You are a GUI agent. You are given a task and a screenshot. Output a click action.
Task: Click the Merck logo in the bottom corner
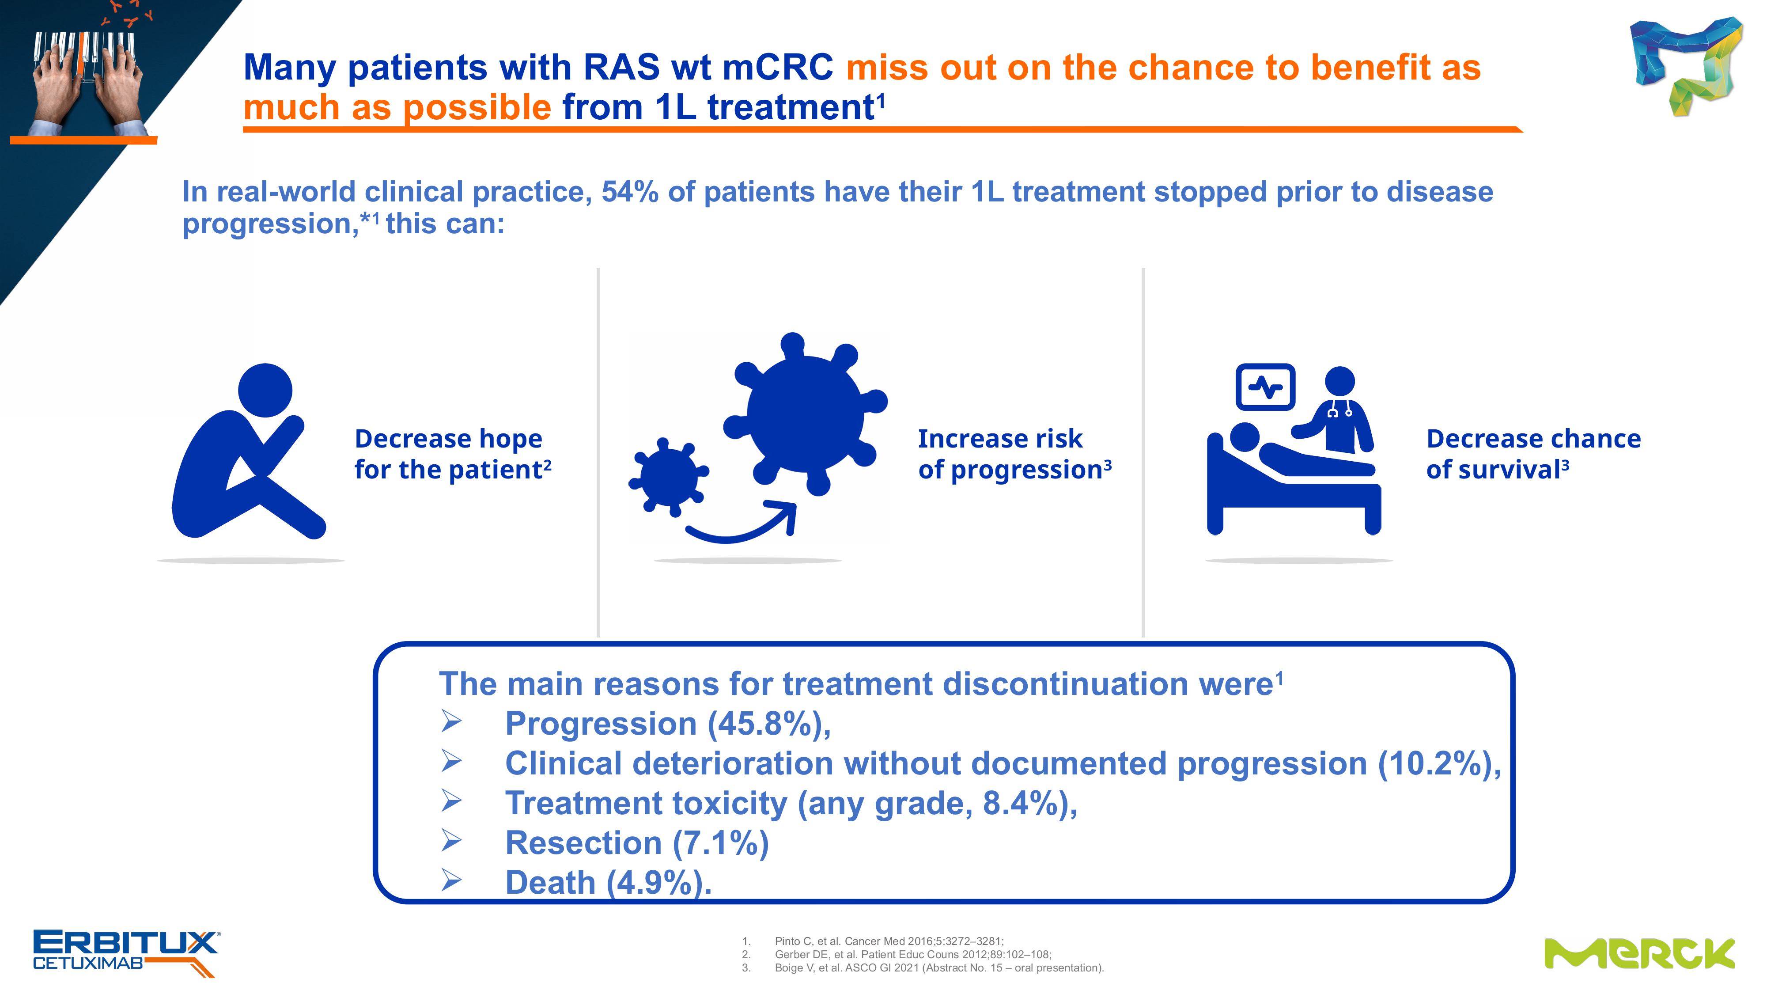pyautogui.click(x=1639, y=953)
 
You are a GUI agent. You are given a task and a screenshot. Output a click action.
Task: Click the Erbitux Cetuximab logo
pyautogui.click(x=127, y=952)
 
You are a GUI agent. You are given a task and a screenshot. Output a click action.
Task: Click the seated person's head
pyautogui.click(x=265, y=391)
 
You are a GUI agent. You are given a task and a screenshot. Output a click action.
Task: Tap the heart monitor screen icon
pyautogui.click(x=1265, y=387)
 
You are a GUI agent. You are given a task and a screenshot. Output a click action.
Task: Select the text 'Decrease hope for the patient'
pyautogui.click(x=453, y=454)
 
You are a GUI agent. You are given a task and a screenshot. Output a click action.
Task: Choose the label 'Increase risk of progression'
pyautogui.click(x=1014, y=454)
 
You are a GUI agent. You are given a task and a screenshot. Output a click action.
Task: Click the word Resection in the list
pyautogui.click(x=583, y=843)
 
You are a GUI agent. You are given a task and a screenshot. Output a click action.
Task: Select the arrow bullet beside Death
pyautogui.click(x=451, y=880)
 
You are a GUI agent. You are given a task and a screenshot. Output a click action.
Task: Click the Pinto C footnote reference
pyautogui.click(x=889, y=941)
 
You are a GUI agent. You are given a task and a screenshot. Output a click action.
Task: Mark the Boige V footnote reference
pyautogui.click(x=939, y=968)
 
